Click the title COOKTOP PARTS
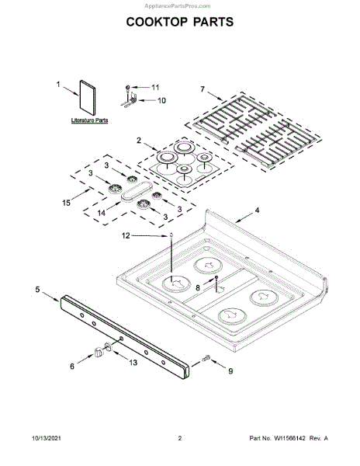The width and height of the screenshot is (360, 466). (180, 22)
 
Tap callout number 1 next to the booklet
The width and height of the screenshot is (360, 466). (58, 85)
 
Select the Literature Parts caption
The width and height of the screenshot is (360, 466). (89, 120)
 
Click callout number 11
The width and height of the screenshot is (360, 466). (155, 87)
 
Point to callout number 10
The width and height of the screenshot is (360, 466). (161, 100)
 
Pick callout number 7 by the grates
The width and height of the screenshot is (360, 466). (202, 89)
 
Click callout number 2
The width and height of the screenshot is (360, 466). (139, 141)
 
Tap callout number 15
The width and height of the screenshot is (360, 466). (66, 203)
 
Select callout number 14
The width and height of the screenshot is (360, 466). (102, 213)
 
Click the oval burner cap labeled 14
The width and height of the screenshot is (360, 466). (137, 193)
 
